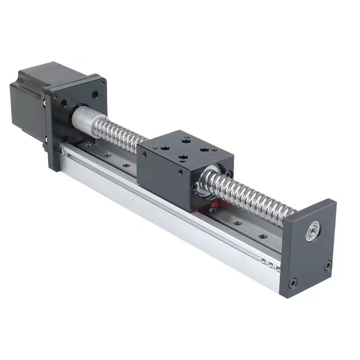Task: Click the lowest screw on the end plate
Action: coord(293,283)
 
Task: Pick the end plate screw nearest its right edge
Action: coord(328,265)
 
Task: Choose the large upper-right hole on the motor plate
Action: coord(95,95)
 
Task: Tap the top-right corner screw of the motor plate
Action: coord(103,84)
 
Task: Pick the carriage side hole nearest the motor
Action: coord(144,154)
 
